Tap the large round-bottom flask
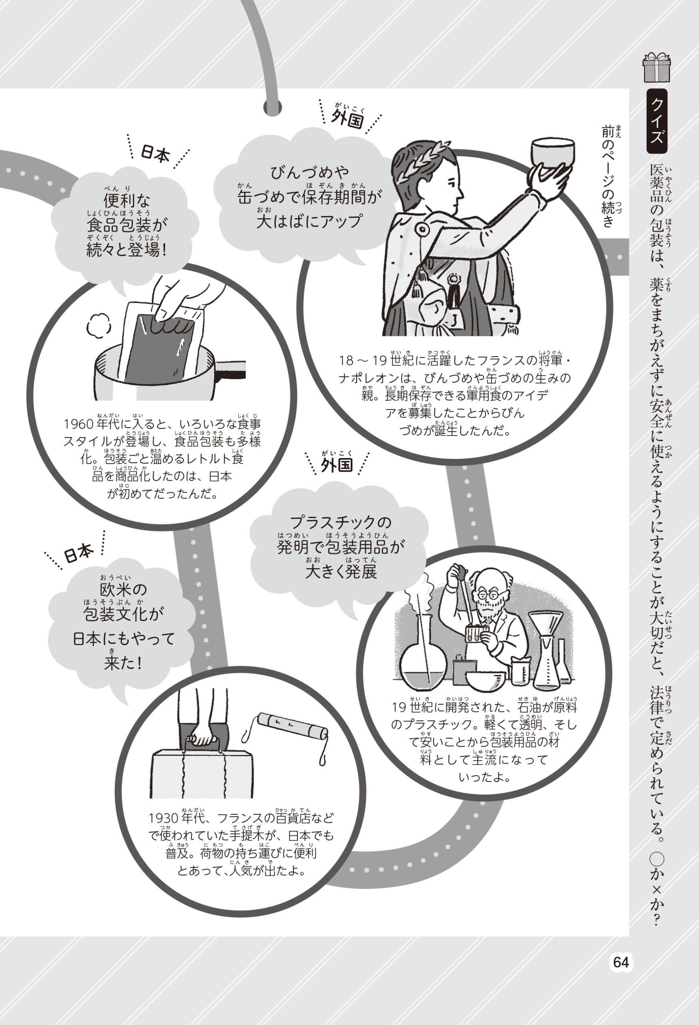424,657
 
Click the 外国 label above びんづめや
348,119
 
